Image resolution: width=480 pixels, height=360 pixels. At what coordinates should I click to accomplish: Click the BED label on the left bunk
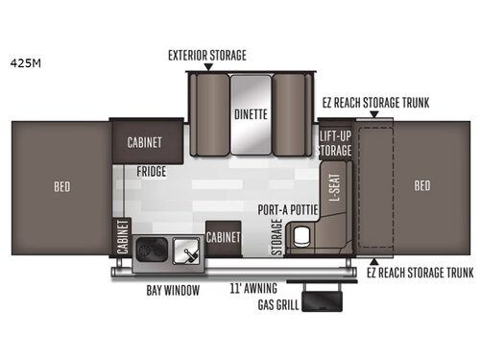[61, 185]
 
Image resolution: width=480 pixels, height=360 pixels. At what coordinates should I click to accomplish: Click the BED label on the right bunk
[420, 185]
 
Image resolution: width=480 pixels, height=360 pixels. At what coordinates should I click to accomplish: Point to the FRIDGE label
[151, 172]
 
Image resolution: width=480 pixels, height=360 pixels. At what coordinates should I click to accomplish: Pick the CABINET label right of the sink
[224, 235]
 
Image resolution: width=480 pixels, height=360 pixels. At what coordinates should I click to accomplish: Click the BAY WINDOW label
[169, 289]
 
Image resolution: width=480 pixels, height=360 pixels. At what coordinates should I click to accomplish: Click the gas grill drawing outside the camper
[322, 300]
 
